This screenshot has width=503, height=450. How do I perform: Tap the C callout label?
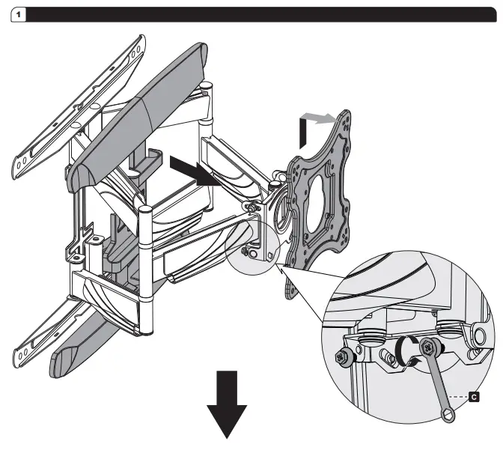[x=472, y=392]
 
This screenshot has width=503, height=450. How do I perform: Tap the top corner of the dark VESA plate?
[x=344, y=114]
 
